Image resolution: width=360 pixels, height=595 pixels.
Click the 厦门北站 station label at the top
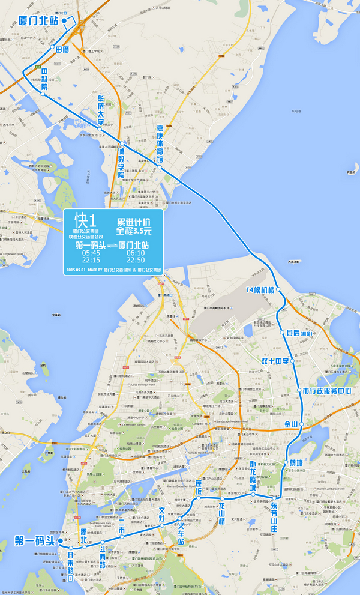38,20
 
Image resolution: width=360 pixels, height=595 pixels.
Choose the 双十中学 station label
275,361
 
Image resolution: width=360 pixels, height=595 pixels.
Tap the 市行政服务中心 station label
326,390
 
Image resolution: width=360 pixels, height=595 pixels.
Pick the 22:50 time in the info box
136,261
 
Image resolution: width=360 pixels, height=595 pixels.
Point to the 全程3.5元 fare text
134,231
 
